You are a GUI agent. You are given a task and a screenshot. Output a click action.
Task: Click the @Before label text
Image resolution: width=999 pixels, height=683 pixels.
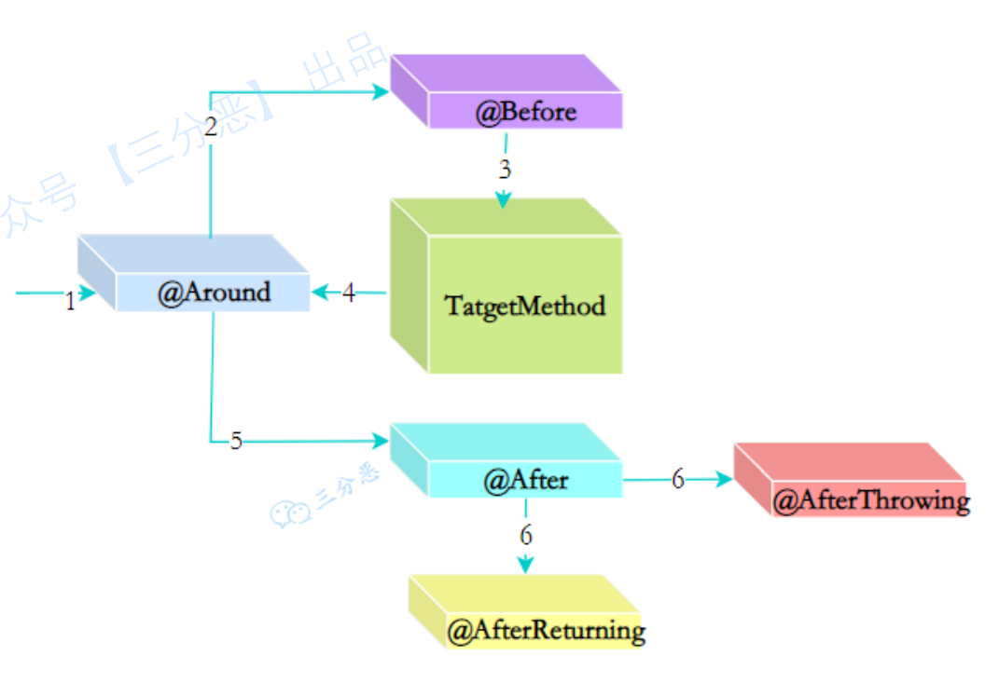coord(526,113)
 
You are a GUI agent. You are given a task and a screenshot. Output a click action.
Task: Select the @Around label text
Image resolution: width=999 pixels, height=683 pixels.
coord(214,293)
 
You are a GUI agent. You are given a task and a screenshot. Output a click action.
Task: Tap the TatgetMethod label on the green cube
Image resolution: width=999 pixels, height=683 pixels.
coord(524,306)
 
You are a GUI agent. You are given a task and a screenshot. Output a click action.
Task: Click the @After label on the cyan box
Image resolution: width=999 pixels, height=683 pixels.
coord(525,481)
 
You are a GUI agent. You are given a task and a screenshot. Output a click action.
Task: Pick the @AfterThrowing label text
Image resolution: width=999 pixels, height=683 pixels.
coord(871,500)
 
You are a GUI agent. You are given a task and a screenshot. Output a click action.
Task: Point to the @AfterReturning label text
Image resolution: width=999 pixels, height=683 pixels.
coord(546,631)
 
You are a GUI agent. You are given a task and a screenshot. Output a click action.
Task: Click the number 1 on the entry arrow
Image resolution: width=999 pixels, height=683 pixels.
coord(70,301)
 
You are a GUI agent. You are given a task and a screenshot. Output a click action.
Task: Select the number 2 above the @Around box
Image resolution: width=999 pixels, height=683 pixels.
coord(211,129)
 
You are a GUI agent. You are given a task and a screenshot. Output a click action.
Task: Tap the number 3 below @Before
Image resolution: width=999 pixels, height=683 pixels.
coord(505,170)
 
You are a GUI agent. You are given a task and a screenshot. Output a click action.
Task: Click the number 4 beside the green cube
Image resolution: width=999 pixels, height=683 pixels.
coord(349,293)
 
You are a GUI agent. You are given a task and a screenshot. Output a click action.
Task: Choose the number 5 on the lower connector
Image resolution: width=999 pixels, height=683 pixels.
coord(236,441)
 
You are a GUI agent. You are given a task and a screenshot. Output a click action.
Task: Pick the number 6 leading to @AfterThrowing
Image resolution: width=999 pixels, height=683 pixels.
coord(678,479)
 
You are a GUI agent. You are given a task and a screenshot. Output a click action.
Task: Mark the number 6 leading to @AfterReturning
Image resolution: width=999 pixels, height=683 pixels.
coord(526,536)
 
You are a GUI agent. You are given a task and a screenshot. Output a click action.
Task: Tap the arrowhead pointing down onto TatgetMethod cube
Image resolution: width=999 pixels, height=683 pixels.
coord(504,198)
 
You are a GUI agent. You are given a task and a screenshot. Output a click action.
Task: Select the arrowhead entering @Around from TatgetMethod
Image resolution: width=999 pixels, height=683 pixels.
coord(319,293)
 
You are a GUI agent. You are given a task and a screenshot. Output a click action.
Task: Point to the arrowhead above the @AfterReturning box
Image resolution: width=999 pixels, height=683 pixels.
coord(525,564)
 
